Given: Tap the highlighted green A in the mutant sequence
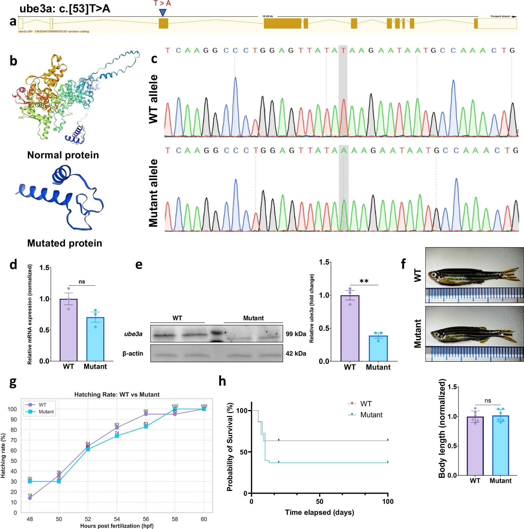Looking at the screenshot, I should click(x=344, y=150).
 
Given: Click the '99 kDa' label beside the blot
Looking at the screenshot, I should click(x=296, y=334).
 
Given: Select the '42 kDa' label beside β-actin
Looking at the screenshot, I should click(x=296, y=353).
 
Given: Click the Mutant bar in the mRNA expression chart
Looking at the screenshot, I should click(x=95, y=340).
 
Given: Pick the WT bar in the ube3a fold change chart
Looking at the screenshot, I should click(x=350, y=329).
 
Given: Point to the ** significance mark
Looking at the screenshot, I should click(x=364, y=281).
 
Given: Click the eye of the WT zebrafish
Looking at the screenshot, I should click(x=433, y=275).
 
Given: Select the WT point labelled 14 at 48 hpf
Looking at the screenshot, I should click(x=30, y=498).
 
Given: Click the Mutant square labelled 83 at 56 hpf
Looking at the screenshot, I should click(x=146, y=427).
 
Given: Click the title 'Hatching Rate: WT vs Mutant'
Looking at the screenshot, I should click(x=117, y=394).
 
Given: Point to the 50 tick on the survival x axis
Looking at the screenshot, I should click(x=320, y=501).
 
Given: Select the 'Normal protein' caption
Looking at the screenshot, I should click(x=63, y=155).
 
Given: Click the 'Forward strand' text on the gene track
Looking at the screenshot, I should click(x=500, y=16).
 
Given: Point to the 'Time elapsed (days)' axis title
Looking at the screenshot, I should click(x=320, y=512).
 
